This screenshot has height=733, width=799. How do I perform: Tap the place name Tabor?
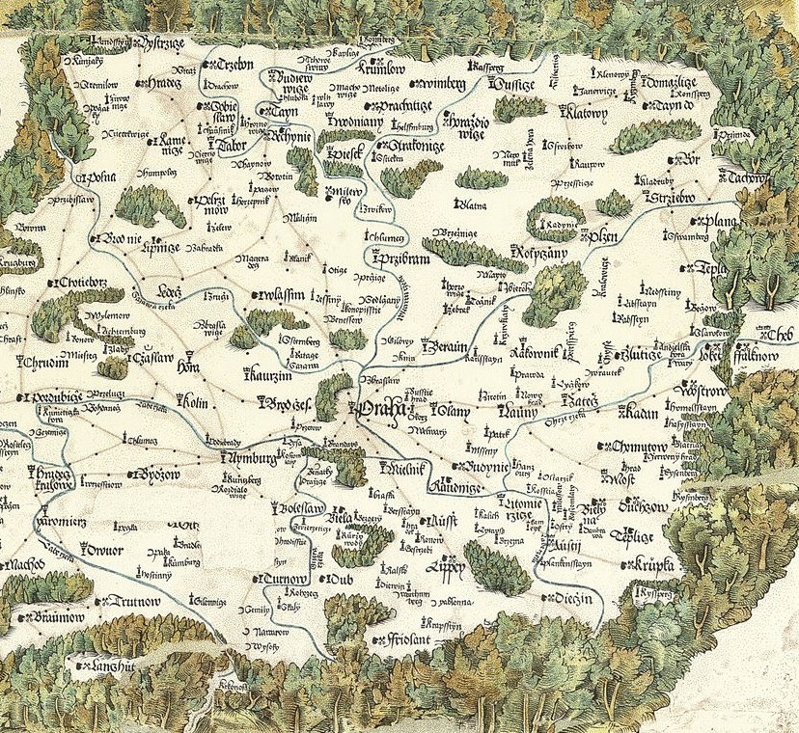tap(230, 147)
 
